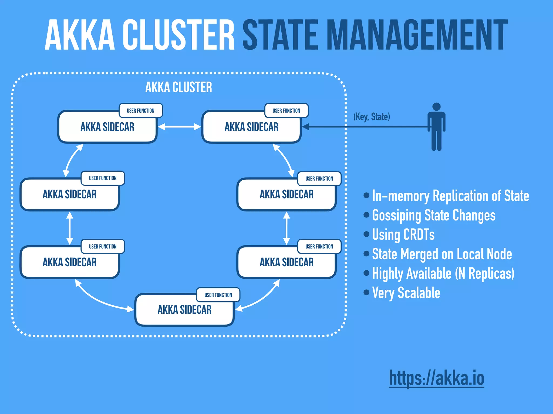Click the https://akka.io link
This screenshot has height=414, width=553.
[436, 378]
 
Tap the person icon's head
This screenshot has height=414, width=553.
[436, 107]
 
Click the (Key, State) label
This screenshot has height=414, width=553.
[372, 117]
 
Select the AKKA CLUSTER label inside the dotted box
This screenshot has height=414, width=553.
[178, 87]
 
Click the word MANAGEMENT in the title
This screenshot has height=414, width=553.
[417, 35]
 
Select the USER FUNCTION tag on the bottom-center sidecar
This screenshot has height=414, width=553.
[218, 295]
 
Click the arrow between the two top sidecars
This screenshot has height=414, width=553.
[179, 127]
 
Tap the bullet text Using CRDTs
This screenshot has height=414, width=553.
[403, 234]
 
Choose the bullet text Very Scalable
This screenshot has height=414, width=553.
[406, 293]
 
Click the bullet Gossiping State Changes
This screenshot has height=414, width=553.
[434, 215]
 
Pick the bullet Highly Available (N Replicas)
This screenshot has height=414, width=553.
[443, 273]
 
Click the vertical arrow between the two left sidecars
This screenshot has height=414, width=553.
[70, 228]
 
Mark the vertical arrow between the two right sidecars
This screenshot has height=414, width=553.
[286, 228]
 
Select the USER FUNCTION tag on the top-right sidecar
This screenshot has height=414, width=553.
[286, 111]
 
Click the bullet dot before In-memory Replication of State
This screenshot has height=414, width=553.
[366, 195]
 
